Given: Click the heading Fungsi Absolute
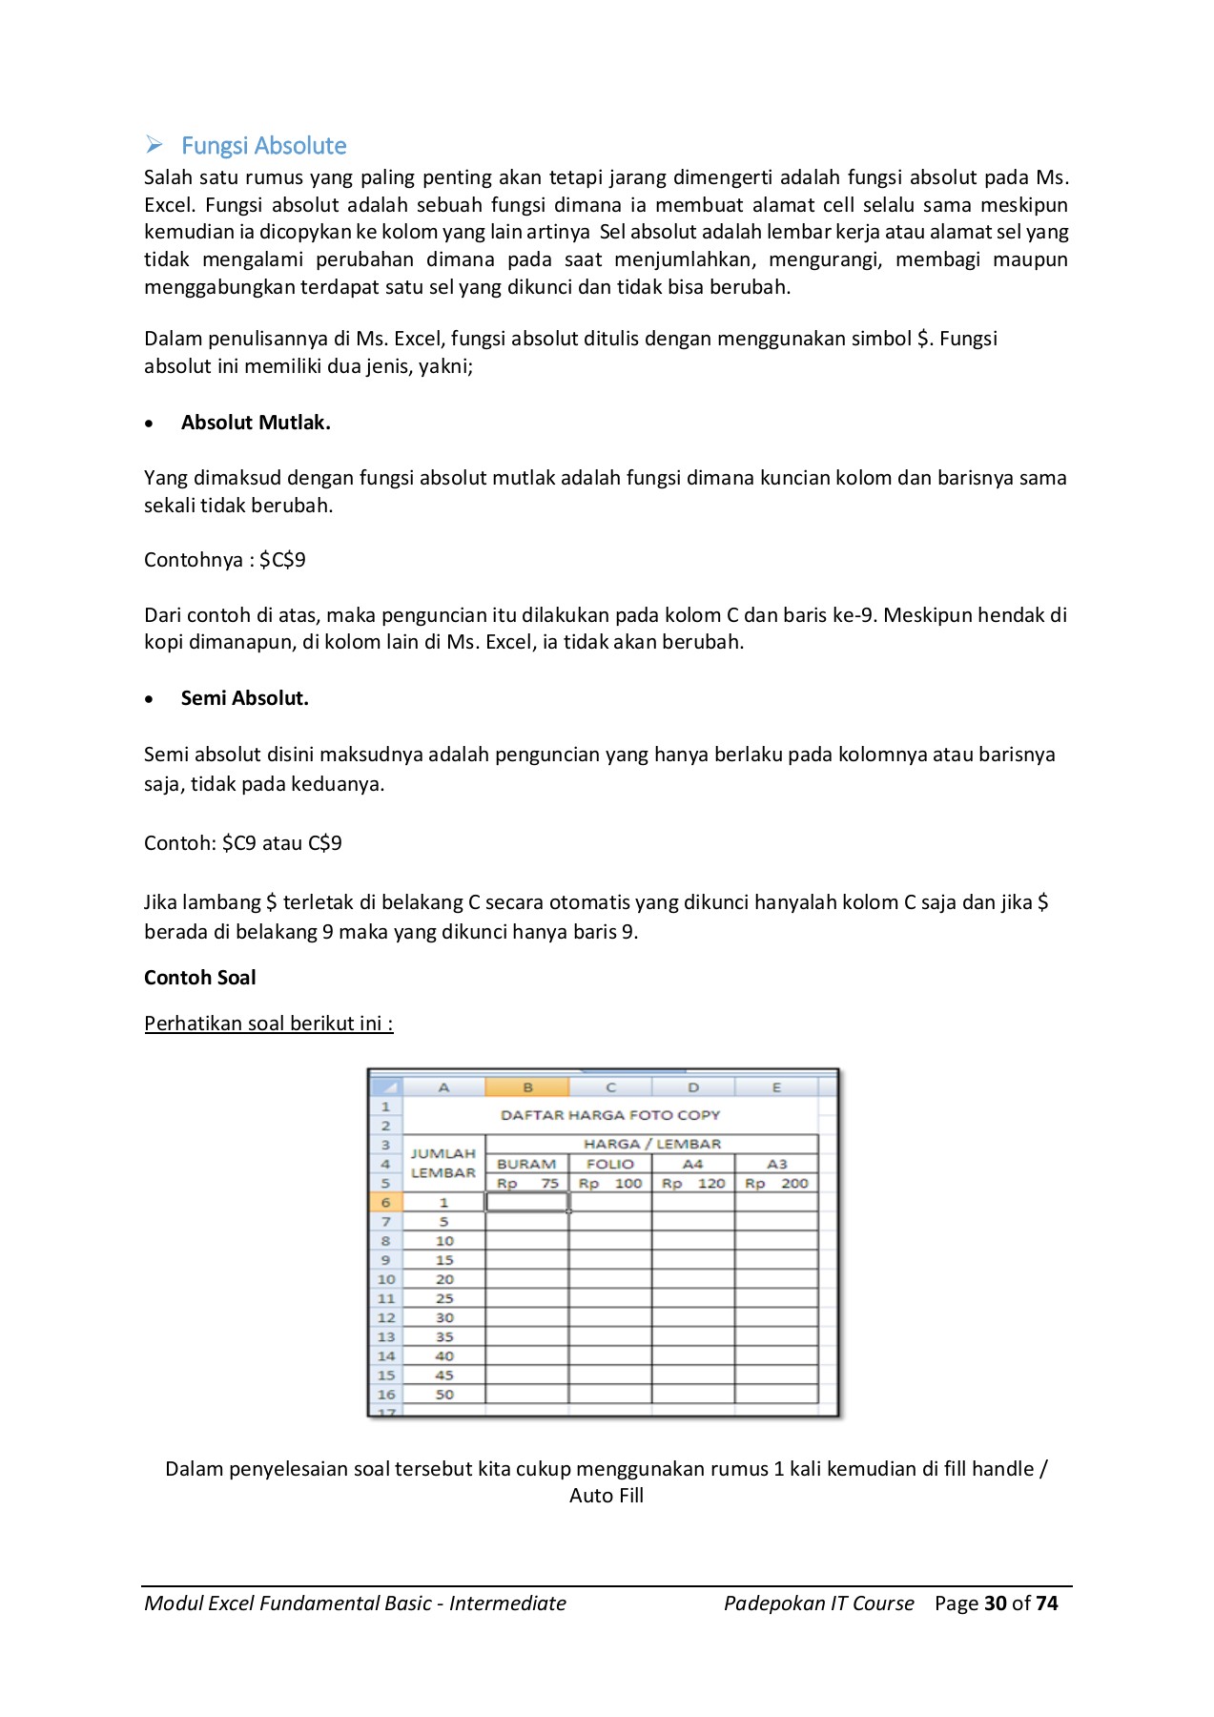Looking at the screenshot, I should tap(263, 146).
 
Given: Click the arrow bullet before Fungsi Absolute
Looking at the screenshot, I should tap(154, 145).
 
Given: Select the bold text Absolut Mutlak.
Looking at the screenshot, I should tap(256, 423).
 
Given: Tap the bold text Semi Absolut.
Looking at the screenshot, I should tap(244, 698).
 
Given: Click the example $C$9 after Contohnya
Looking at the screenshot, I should tap(282, 560).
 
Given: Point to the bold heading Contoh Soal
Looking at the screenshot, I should tap(200, 978).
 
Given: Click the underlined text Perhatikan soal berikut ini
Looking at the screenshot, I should tap(268, 1024).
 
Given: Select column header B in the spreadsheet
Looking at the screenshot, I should tap(527, 1087).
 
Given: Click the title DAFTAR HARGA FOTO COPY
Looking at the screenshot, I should tap(610, 1115).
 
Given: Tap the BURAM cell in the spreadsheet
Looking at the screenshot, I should tap(526, 1165).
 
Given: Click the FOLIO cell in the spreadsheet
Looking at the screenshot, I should tap(610, 1165).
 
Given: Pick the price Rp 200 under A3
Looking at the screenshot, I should tap(776, 1184).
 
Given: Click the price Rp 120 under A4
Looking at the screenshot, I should tap(693, 1184).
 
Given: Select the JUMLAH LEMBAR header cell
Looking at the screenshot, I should tap(443, 1164).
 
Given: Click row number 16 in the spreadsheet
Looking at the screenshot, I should tap(386, 1395).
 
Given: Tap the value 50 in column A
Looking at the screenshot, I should tap(444, 1395).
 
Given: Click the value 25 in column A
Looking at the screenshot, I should tap(444, 1298).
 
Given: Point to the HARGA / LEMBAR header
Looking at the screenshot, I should tap(652, 1144).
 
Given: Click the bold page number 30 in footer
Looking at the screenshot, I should tap(996, 1603).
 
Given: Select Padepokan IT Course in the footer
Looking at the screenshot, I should tap(818, 1603).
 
